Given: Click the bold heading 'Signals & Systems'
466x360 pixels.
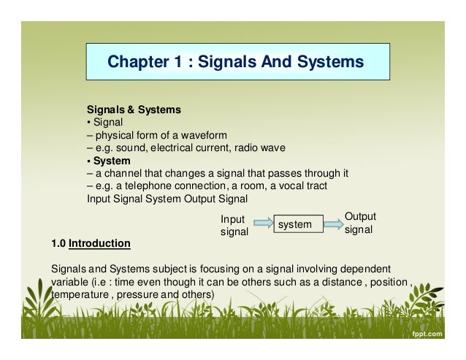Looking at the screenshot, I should pyautogui.click(x=134, y=110).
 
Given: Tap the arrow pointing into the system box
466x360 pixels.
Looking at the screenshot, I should pyautogui.click(x=261, y=223).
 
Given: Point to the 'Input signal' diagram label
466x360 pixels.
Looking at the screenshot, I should pyautogui.click(x=234, y=225).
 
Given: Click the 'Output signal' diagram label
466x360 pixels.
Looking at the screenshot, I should pyautogui.click(x=359, y=222).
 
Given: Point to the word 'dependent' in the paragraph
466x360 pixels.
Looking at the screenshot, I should pyautogui.click(x=347, y=268).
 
